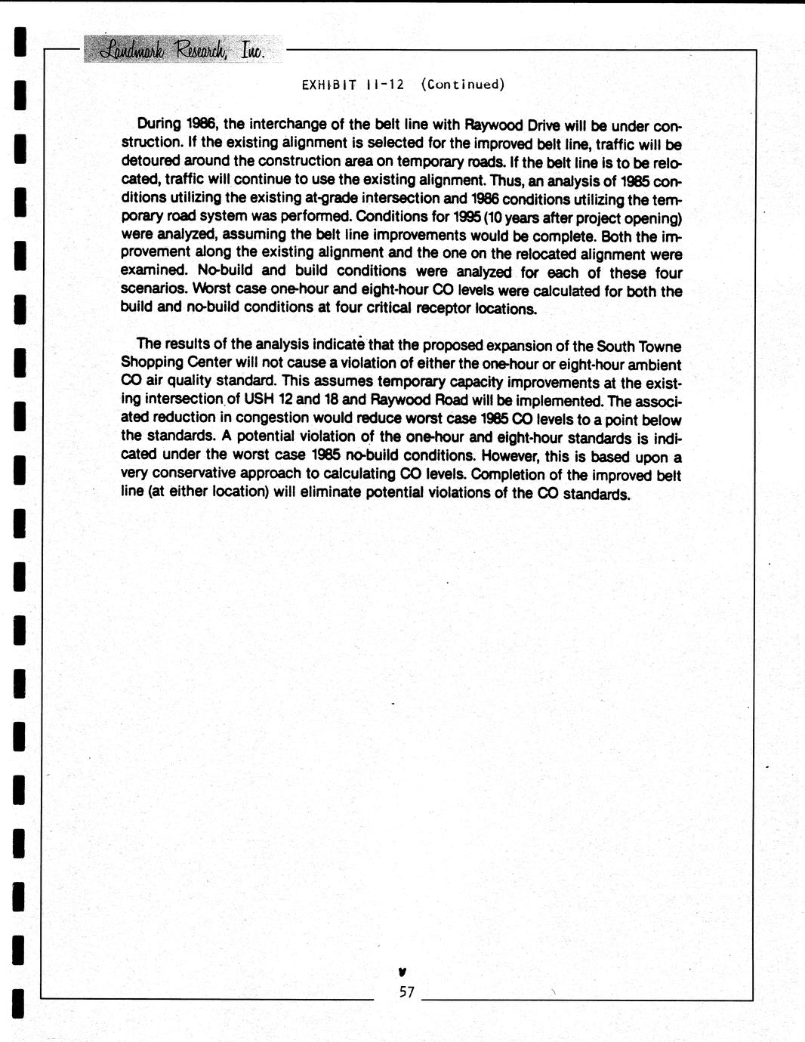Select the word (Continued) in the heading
click(462, 85)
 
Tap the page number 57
click(407, 992)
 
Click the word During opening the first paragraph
click(159, 124)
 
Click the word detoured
click(149, 161)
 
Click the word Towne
click(660, 347)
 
